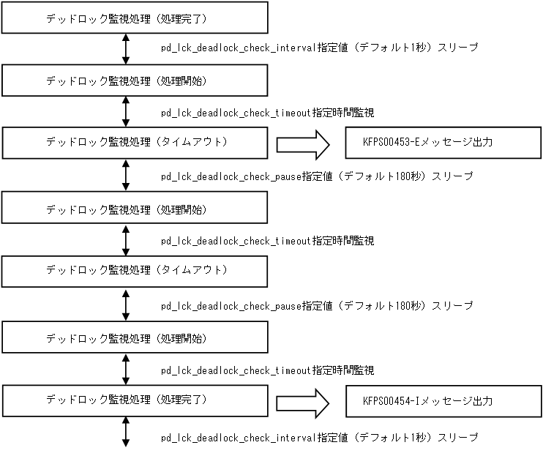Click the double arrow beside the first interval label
pos(126,49)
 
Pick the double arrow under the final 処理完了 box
pos(126,432)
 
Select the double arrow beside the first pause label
pos(126,176)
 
